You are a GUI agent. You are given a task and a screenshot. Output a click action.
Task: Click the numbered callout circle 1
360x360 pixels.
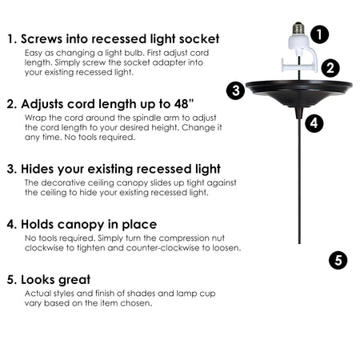pos(319,34)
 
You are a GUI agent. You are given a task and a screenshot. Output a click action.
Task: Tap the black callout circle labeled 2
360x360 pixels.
pos(330,68)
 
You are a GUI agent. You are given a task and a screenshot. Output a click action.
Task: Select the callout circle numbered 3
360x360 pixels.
pos(236,90)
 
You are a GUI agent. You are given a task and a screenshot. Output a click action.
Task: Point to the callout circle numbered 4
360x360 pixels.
pos(314,123)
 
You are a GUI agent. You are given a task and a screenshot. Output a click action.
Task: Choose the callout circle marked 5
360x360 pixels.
pos(338,260)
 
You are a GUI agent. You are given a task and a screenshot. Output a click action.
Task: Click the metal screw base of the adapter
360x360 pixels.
pos(298,28)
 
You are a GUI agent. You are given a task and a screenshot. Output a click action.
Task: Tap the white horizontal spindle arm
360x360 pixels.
pos(298,66)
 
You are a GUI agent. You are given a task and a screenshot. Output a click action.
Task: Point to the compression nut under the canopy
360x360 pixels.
pos(299,113)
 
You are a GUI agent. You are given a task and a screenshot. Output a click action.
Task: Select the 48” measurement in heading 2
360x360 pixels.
pos(184,104)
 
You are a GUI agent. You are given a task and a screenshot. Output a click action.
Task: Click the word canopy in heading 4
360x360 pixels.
pos(81,225)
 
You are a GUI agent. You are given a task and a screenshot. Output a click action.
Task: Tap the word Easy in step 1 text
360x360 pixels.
pos(34,53)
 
